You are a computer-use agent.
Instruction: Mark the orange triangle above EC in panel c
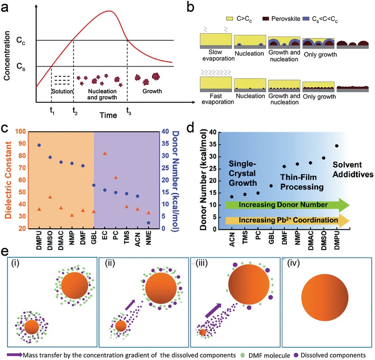point(105,153)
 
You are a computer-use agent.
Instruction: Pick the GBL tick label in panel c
point(94,237)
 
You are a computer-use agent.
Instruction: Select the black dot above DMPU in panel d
point(337,146)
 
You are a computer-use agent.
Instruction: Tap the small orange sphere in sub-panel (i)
point(32,326)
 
